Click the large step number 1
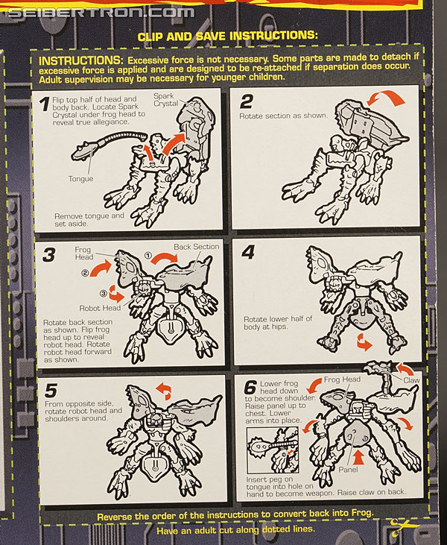(44, 104)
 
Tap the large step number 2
(247, 101)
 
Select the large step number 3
(48, 255)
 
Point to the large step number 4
(248, 252)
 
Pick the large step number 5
(51, 391)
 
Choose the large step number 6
(250, 387)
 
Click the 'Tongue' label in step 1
(80, 179)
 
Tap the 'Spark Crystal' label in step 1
(166, 100)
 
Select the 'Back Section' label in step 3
(197, 247)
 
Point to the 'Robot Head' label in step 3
(100, 308)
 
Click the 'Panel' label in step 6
(348, 470)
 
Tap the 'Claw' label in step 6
(411, 380)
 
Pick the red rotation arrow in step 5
(164, 390)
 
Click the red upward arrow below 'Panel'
(360, 457)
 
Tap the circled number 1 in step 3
(148, 256)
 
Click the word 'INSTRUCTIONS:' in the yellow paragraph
(80, 60)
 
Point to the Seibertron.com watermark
(101, 13)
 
